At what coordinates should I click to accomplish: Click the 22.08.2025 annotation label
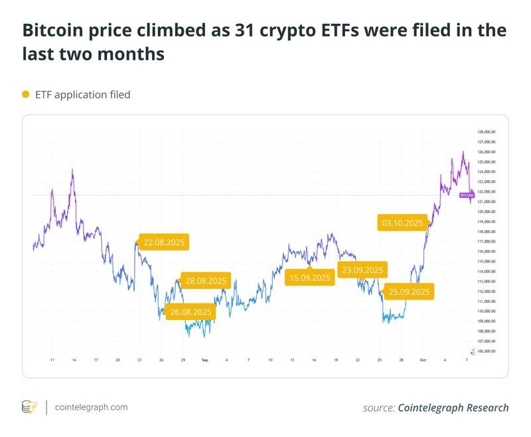[x=164, y=243]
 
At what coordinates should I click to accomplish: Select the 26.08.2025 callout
[x=190, y=312]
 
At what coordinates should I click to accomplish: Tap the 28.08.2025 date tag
[x=206, y=281]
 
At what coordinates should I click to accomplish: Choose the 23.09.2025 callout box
[x=362, y=270]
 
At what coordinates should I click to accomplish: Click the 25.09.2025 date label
[x=409, y=292]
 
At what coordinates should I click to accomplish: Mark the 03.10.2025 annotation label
[x=401, y=222]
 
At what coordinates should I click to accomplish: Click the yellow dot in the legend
[x=26, y=95]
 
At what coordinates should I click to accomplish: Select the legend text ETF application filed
[x=82, y=95]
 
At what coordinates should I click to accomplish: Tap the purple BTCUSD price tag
[x=467, y=195]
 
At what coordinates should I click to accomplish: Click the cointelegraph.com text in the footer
[x=91, y=407]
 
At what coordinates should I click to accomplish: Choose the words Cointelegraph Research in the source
[x=453, y=408]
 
